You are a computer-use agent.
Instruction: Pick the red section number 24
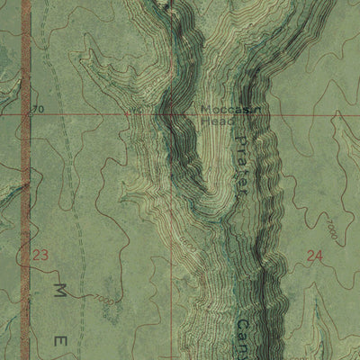tap(313, 255)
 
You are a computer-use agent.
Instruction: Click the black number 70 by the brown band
tap(36, 110)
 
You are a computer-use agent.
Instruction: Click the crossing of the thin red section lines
tap(170, 114)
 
